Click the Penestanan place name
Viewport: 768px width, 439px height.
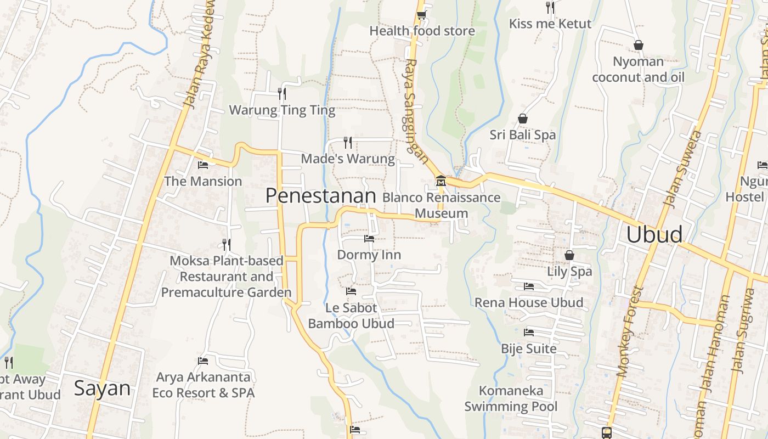(320, 196)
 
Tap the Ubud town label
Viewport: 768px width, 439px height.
(654, 234)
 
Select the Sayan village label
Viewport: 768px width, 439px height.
(102, 388)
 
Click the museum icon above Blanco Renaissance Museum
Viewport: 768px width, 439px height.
(441, 181)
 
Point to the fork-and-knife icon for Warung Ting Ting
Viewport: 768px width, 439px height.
(281, 93)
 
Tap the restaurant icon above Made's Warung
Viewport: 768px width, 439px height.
(347, 143)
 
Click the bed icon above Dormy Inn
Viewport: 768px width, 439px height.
(369, 239)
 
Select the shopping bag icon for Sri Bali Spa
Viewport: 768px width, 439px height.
(523, 119)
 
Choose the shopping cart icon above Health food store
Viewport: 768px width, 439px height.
(421, 15)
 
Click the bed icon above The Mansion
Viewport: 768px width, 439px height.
(202, 165)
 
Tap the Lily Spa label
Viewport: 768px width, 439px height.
(569, 271)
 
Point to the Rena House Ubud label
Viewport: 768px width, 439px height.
(528, 302)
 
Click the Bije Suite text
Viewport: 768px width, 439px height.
(528, 348)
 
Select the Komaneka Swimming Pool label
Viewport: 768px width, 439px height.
(511, 398)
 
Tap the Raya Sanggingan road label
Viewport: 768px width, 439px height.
(416, 110)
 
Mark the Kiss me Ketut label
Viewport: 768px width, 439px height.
(550, 24)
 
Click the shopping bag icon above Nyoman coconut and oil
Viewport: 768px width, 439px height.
(638, 44)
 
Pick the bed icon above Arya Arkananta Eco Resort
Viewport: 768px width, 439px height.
(202, 361)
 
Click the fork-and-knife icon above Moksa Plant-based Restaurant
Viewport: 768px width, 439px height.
(226, 244)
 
